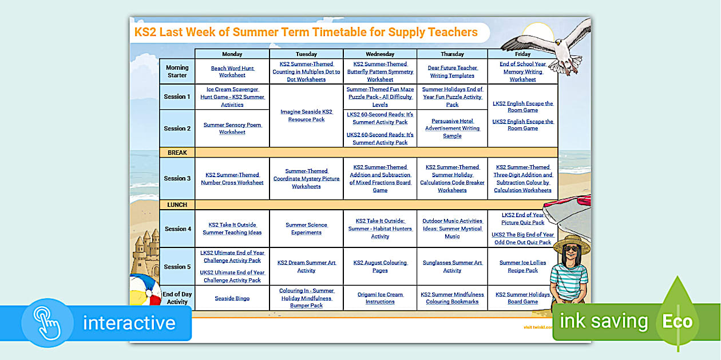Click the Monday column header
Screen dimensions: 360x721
coord(232,54)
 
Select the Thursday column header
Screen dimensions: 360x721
coord(452,54)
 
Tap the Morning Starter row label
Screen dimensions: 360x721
coord(177,71)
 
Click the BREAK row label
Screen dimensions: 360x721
coord(177,153)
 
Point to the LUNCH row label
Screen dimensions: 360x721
coord(177,205)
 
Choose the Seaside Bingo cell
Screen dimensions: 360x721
coord(232,298)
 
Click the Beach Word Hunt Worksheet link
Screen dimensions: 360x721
coord(232,71)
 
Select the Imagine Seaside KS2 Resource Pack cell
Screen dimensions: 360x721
coord(306,115)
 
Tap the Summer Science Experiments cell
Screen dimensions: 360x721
coord(306,229)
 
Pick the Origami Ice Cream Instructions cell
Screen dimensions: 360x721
coord(380,298)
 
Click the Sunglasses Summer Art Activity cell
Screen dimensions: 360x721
coord(452,266)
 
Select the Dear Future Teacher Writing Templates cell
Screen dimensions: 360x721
coord(452,71)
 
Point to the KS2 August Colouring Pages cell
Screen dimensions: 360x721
coord(380,266)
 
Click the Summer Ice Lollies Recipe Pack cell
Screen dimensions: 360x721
coord(522,266)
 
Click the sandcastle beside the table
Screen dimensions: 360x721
coord(146,251)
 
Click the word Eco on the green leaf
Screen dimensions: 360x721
coord(678,322)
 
